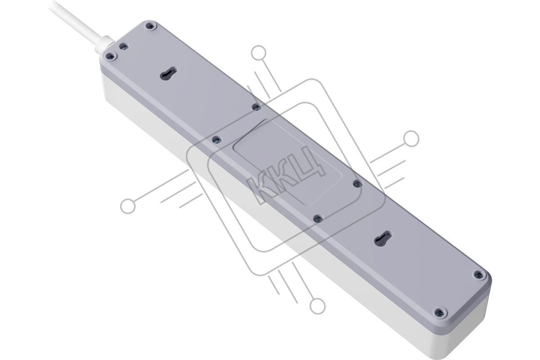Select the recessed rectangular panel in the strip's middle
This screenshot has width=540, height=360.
[288, 162]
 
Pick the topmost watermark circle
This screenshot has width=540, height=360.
[258, 53]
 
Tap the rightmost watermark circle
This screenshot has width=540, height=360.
[411, 139]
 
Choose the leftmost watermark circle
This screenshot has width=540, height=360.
[128, 207]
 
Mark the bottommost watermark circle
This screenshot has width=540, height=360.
[318, 306]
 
